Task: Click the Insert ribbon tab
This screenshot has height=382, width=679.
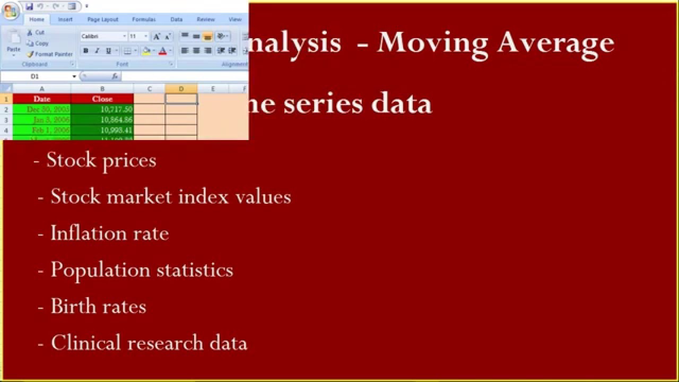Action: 65,20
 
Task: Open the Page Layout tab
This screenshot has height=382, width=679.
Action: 102,20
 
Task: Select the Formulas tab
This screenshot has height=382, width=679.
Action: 144,20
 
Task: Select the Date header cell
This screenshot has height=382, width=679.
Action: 42,99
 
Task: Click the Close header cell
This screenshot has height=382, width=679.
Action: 102,99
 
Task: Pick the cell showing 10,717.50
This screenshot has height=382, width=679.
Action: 102,109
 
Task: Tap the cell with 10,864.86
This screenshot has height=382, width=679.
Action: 102,120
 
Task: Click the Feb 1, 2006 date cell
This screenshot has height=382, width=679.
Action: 42,130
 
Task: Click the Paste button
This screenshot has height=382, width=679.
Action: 13,42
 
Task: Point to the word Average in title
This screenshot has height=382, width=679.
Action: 555,42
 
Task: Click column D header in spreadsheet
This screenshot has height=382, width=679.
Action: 181,89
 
